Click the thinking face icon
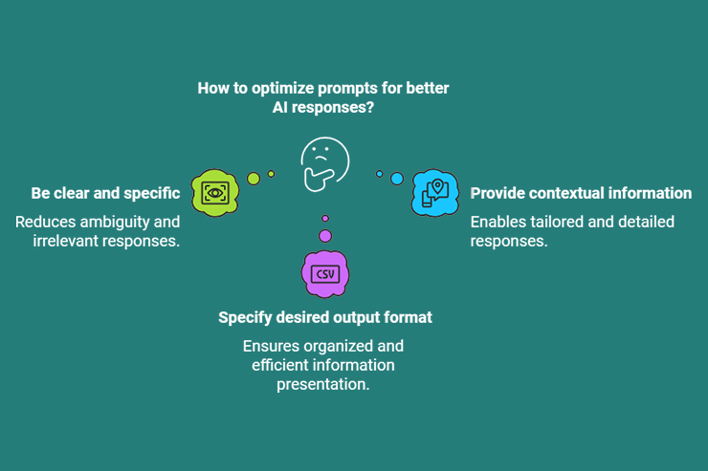[324, 163]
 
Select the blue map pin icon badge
[435, 192]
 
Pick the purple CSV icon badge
[325, 274]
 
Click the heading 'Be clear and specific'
[105, 193]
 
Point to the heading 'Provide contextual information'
[581, 193]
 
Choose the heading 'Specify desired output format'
[325, 317]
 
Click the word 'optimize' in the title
[282, 88]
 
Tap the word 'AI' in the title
[282, 108]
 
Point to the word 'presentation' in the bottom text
[323, 384]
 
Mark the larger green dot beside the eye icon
[254, 178]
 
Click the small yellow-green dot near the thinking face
[271, 174]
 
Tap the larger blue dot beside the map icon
[397, 179]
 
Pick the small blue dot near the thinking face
[380, 174]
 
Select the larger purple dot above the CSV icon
[325, 236]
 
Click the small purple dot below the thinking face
[325, 219]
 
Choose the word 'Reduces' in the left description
[44, 222]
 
